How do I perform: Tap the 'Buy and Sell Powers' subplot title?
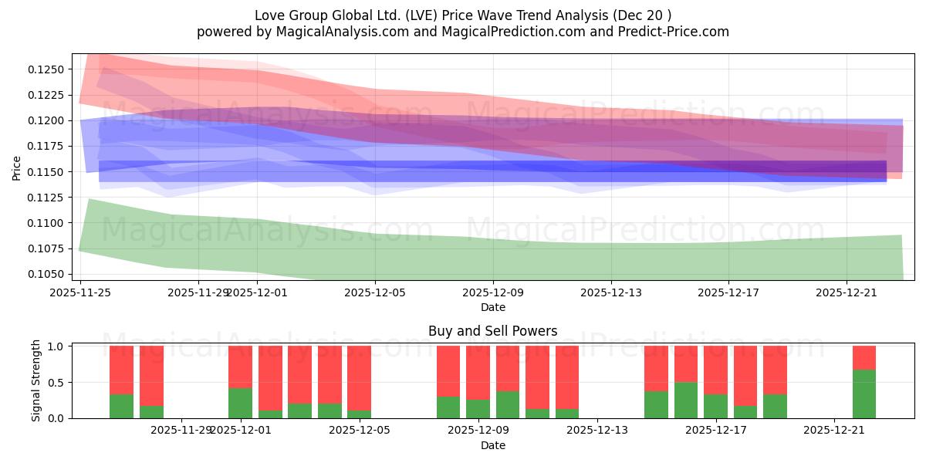point(492,331)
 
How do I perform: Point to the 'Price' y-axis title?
point(17,167)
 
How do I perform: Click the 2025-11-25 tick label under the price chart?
point(80,292)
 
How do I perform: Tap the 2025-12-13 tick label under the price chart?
point(611,292)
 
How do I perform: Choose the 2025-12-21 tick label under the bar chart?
point(835,430)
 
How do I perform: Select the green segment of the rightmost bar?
point(864,394)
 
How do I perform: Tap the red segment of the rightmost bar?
point(864,357)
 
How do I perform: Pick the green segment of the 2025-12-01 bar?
point(240,403)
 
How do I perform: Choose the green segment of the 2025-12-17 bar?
point(715,406)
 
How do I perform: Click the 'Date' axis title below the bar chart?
point(492,445)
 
